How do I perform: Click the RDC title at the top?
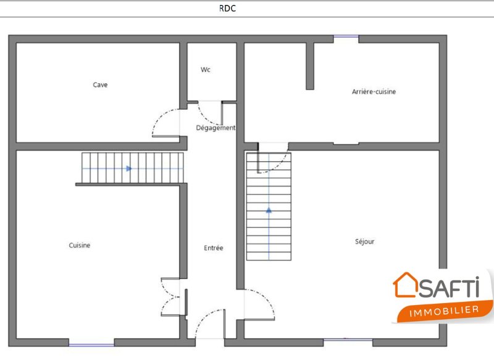[x=227, y=8]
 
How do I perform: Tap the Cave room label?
[x=100, y=85]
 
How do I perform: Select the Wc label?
[x=206, y=70]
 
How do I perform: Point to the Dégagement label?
[x=216, y=128]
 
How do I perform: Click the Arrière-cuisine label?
[x=374, y=91]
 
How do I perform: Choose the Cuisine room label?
[x=80, y=245]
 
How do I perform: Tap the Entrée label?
[x=213, y=248]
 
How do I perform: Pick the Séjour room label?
[x=364, y=241]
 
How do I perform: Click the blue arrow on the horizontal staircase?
[x=129, y=169]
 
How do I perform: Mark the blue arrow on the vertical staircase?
[x=269, y=210]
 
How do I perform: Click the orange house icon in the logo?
[x=406, y=285]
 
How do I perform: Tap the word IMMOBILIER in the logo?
[x=444, y=311]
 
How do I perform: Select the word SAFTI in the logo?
[x=450, y=287]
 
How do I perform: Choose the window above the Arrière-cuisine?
[x=346, y=37]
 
